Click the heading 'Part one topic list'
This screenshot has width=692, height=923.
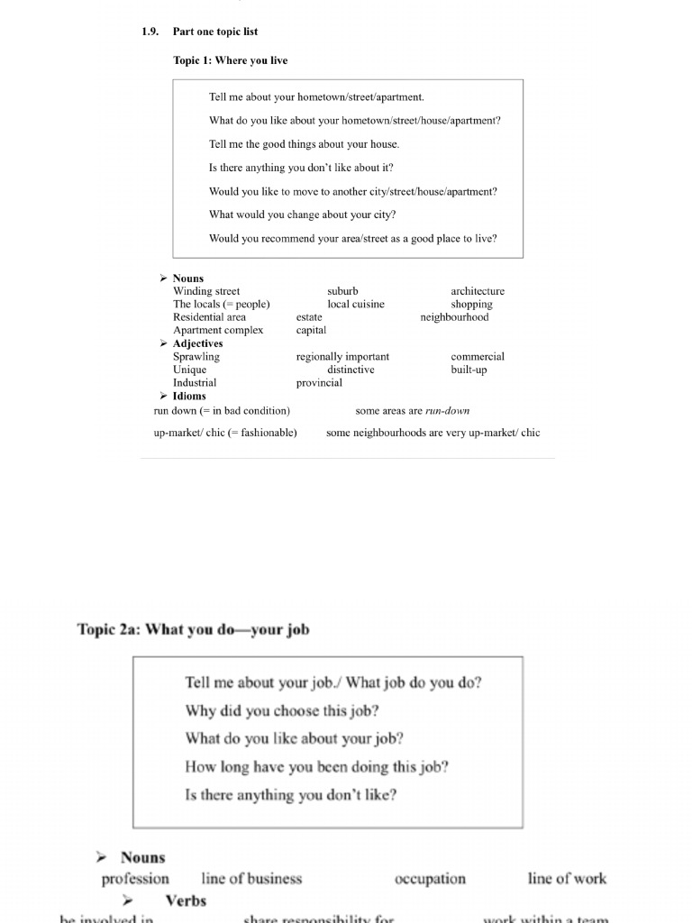click(x=214, y=32)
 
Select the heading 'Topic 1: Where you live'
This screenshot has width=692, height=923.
click(x=230, y=60)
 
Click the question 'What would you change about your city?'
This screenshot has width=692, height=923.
click(x=302, y=215)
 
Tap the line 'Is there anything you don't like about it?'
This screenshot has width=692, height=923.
click(x=301, y=168)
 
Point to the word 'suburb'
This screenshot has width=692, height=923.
click(x=342, y=291)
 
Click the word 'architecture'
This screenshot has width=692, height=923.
click(x=478, y=291)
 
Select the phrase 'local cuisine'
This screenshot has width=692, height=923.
click(x=355, y=304)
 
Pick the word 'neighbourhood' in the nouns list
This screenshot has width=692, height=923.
click(x=454, y=317)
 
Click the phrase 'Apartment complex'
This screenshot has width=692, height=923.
click(x=218, y=330)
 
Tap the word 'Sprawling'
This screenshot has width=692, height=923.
click(x=196, y=357)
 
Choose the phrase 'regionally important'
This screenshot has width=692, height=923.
click(x=342, y=357)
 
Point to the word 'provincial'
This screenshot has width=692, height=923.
click(x=319, y=382)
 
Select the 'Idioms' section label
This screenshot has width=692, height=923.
click(x=189, y=396)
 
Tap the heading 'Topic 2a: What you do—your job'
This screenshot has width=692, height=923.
click(x=193, y=629)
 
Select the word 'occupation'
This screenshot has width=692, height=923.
click(x=430, y=879)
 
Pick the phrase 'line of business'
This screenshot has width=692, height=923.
click(x=251, y=879)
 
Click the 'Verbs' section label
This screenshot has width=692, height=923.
click(x=186, y=900)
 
